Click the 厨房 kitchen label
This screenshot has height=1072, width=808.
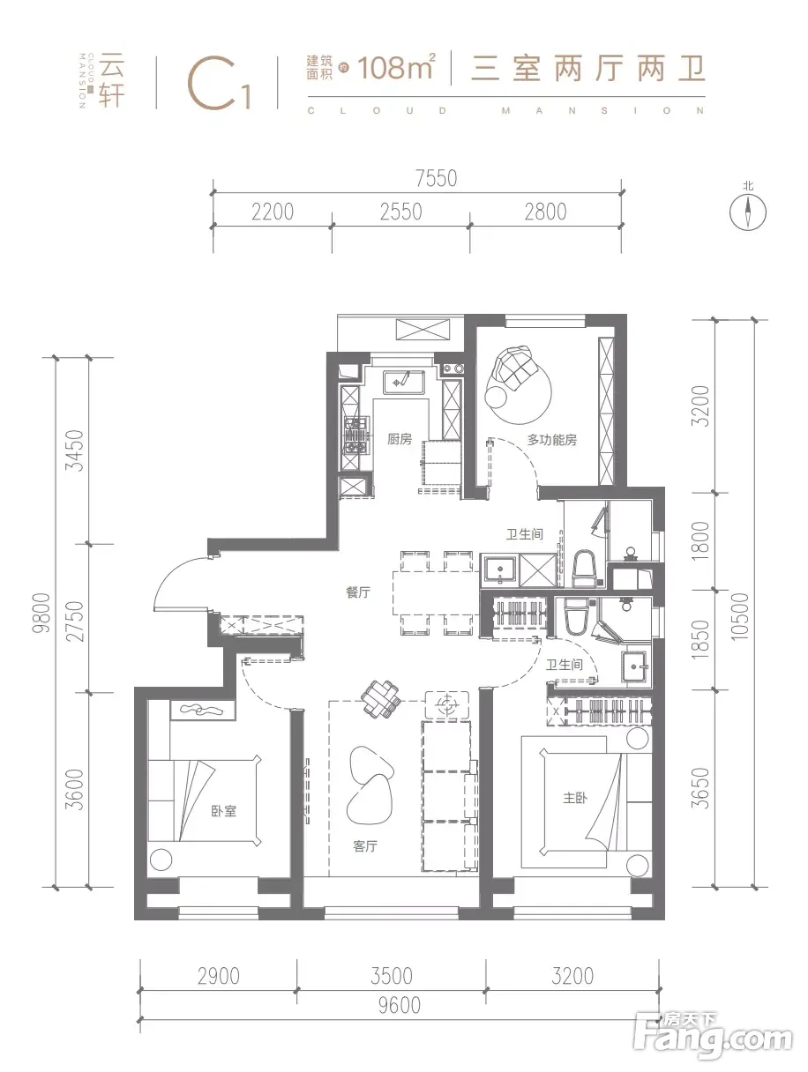pyautogui.click(x=399, y=439)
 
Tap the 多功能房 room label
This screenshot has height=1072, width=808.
pyautogui.click(x=551, y=440)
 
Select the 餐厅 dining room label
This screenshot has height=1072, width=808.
pyautogui.click(x=357, y=592)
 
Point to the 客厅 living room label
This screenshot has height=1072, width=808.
pyautogui.click(x=365, y=846)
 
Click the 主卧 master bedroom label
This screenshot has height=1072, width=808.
pyautogui.click(x=574, y=798)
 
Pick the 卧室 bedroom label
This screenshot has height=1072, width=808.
pyautogui.click(x=223, y=811)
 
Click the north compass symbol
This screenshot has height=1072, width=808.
pyautogui.click(x=748, y=209)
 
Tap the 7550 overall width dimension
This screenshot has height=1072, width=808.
pyautogui.click(x=437, y=179)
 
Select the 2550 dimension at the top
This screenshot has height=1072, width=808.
pyautogui.click(x=401, y=212)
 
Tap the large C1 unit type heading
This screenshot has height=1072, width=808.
pyautogui.click(x=220, y=83)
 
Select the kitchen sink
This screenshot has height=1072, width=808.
pyautogui.click(x=403, y=382)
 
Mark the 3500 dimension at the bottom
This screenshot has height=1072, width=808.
pyautogui.click(x=392, y=975)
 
